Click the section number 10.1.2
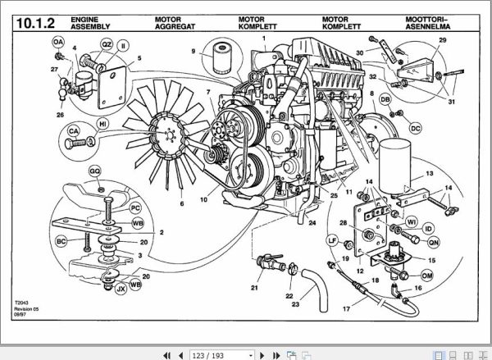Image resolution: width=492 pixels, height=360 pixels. tap(36, 23)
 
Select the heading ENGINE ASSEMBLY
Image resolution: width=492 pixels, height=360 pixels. tap(87, 23)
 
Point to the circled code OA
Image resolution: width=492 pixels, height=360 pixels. tap(57, 41)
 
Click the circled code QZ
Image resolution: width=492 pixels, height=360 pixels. tap(107, 44)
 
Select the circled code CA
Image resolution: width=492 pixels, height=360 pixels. tap(74, 130)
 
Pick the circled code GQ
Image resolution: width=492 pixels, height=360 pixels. tap(95, 171)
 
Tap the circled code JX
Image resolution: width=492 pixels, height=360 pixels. tap(121, 288)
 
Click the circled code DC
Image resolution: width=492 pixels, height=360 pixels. tap(415, 128)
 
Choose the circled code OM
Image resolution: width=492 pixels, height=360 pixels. tap(426, 275)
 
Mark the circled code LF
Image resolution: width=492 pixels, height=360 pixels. tap(333, 239)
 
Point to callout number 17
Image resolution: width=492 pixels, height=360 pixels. tap(346, 308)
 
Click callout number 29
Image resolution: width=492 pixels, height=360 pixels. tap(442, 41)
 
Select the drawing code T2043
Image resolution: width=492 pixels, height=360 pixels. tap(21, 302)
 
